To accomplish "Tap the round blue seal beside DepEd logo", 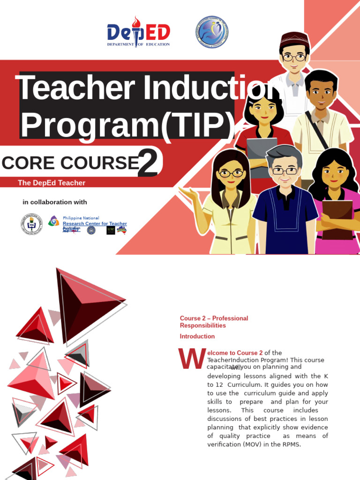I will click(212, 32).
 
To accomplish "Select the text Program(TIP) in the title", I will click(127, 124).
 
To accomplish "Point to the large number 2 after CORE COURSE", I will click(148, 165).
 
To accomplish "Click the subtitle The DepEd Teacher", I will click(52, 183).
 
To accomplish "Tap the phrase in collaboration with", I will click(55, 202).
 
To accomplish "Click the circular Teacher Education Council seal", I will click(31, 224).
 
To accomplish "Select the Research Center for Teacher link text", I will click(95, 224).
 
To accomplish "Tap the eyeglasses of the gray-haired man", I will click(285, 171).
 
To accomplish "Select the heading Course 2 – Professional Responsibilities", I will click(214, 322).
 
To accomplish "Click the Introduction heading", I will click(197, 337).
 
